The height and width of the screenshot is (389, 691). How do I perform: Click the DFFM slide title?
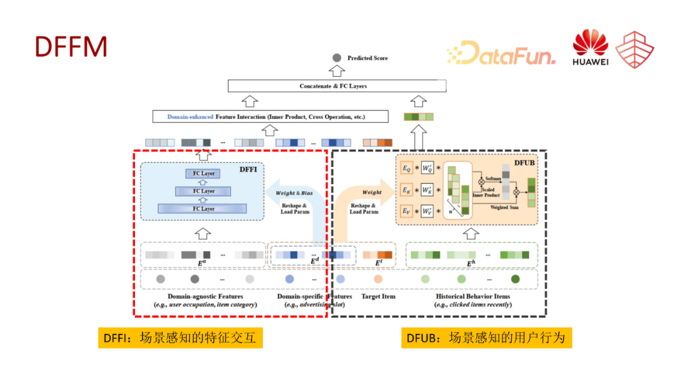[x=70, y=47]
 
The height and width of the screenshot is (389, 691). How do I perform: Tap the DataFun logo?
[x=501, y=54]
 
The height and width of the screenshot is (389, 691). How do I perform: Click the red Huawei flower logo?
[x=589, y=44]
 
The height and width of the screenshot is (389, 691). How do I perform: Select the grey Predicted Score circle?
[x=337, y=58]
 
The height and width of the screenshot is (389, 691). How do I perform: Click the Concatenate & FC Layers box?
[x=337, y=86]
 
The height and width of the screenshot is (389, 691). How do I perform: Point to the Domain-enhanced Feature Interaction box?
[x=271, y=117]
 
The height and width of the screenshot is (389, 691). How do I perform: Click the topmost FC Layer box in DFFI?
[x=203, y=173]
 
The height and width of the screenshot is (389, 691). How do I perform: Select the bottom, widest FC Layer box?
[x=203, y=209]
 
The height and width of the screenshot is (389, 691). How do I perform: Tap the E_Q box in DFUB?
[x=407, y=168]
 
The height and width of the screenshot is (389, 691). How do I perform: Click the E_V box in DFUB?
[x=407, y=210]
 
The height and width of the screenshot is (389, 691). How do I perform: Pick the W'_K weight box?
[x=427, y=190]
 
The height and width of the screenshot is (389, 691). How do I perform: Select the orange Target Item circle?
[x=378, y=280]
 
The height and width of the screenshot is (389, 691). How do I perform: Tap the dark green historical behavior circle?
[x=515, y=280]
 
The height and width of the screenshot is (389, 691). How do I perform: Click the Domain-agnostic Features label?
[x=205, y=296]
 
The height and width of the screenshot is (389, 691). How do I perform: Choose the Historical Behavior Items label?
[x=473, y=296]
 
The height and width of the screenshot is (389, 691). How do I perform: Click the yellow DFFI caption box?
[x=180, y=338]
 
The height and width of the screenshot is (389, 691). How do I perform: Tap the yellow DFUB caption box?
[x=486, y=338]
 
